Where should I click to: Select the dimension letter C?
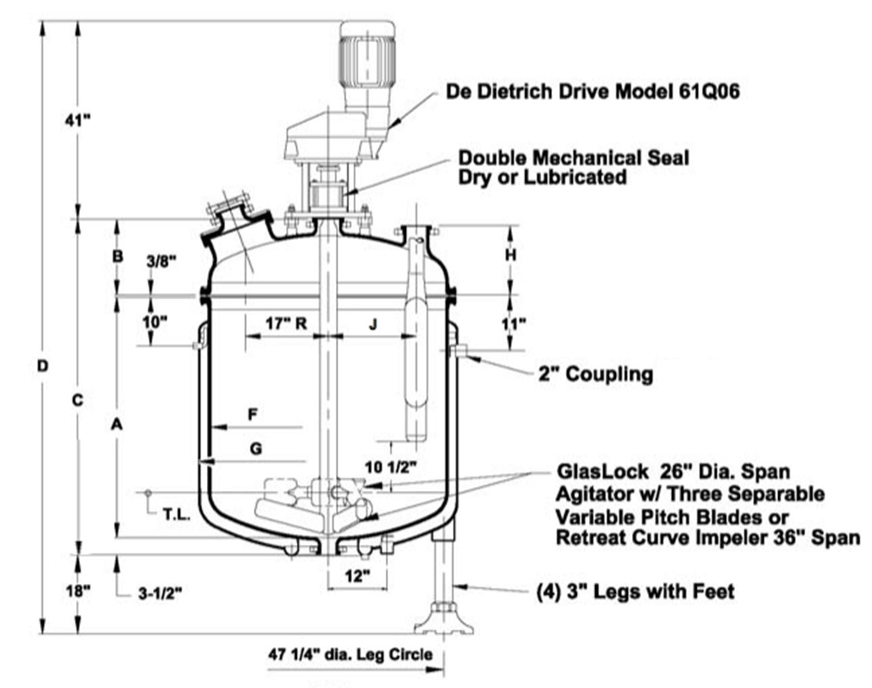pyautogui.click(x=77, y=400)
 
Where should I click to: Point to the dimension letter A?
pyautogui.click(x=117, y=423)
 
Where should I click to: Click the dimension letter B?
pyautogui.click(x=118, y=256)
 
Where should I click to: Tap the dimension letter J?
pyautogui.click(x=374, y=324)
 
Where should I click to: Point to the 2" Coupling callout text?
pyautogui.click(x=595, y=375)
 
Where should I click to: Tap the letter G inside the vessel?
pyautogui.click(x=255, y=449)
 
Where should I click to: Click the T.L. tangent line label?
pyautogui.click(x=176, y=515)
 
